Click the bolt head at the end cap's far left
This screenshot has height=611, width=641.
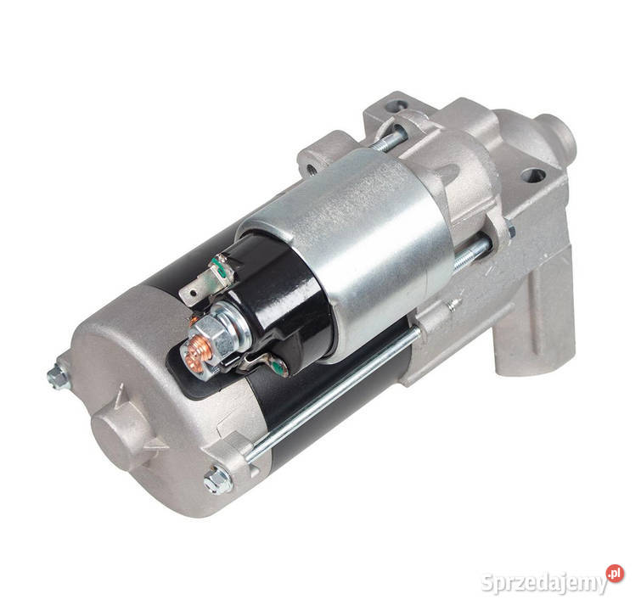58,374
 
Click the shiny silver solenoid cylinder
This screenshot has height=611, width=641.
374,238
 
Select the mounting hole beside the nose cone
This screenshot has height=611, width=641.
533,176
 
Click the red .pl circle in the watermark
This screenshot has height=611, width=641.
616,575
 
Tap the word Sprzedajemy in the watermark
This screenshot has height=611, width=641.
543,583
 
